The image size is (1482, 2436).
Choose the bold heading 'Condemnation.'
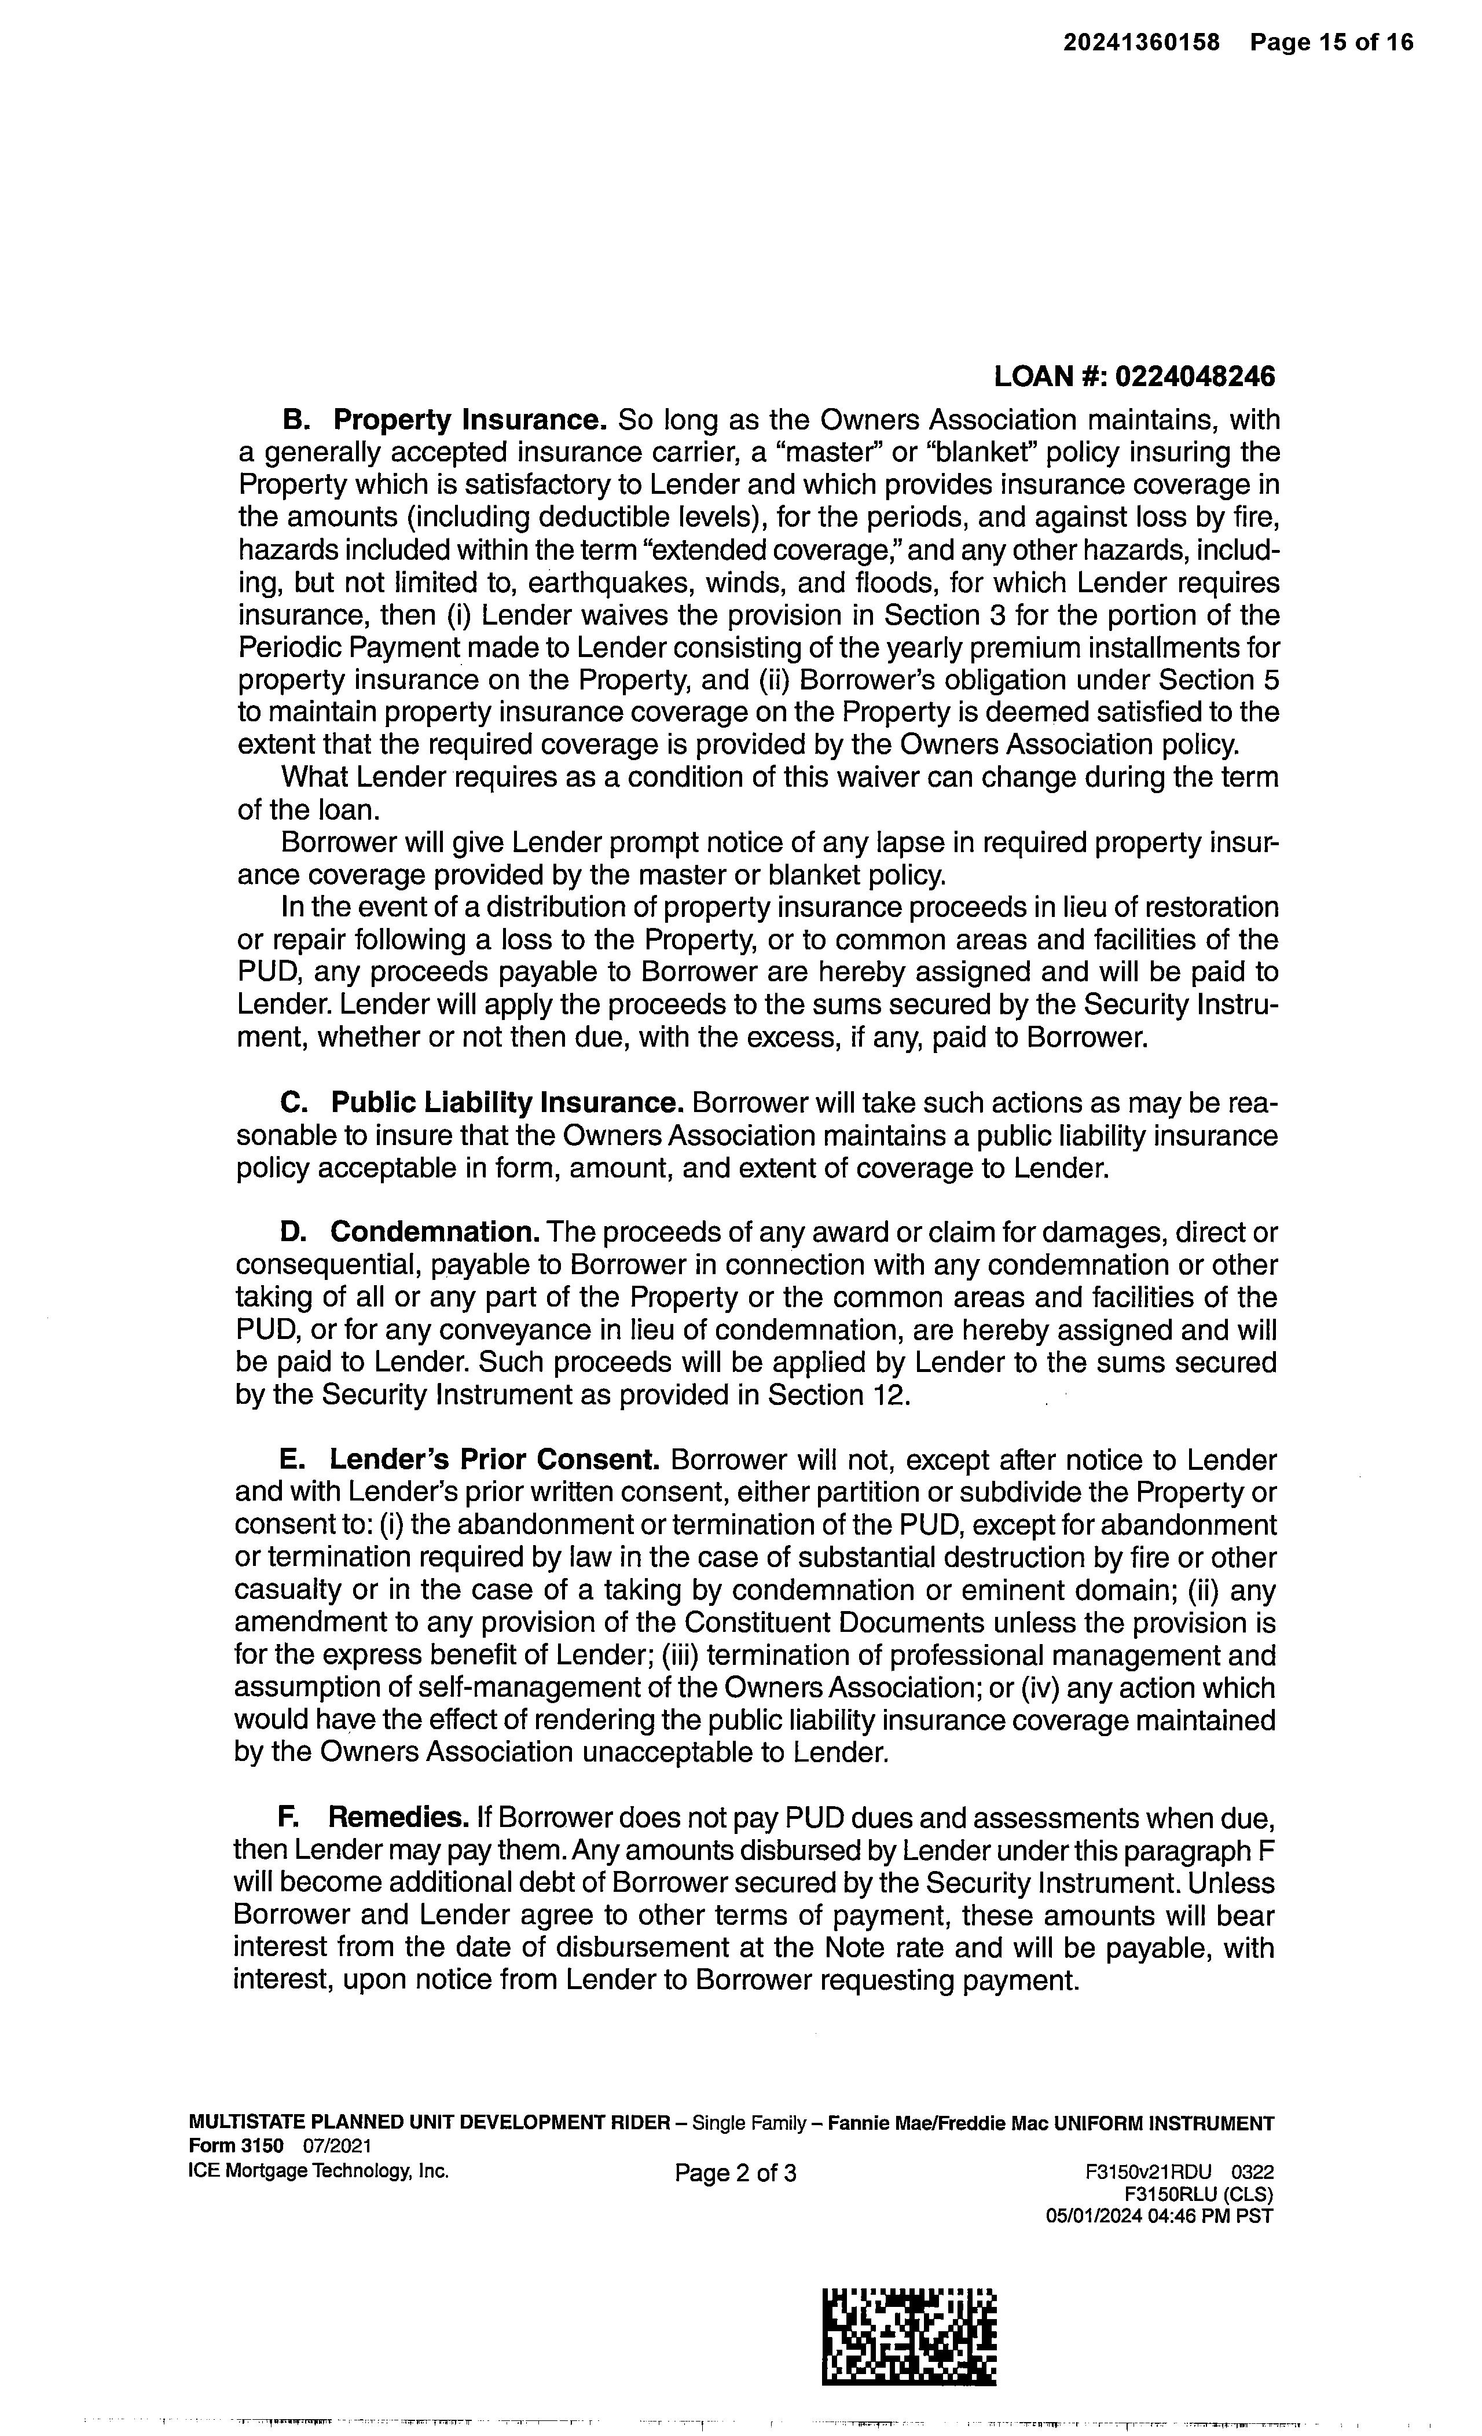coord(435,1233)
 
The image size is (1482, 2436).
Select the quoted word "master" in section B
coord(824,453)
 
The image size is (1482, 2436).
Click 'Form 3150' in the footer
coord(235,2145)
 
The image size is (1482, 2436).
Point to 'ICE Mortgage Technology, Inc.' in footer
coord(318,2171)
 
